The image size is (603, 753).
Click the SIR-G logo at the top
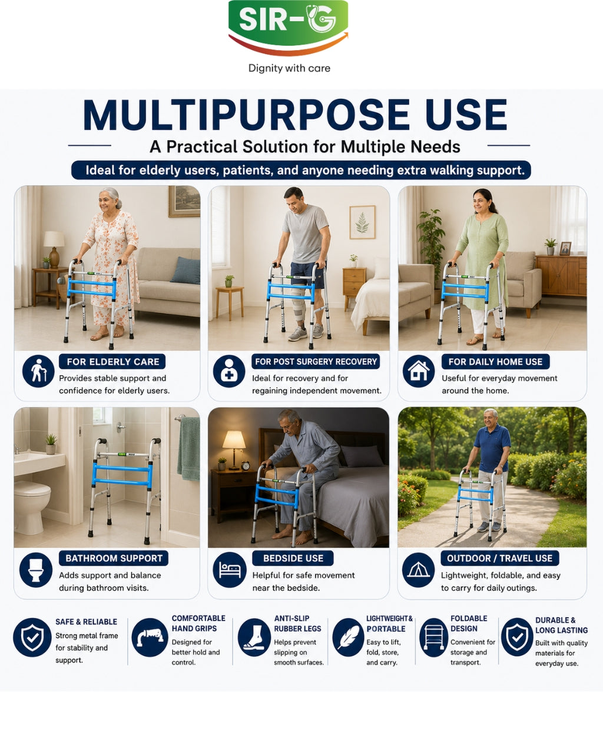tap(289, 27)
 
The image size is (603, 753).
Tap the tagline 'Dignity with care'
tap(289, 68)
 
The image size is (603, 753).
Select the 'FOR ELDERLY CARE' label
tap(113, 361)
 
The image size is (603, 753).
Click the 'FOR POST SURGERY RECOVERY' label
tap(316, 361)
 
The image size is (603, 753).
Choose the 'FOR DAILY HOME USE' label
tap(495, 361)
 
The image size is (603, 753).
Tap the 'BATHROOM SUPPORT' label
tap(114, 558)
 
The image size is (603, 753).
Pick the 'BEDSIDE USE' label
tap(293, 558)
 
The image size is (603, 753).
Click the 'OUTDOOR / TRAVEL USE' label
tap(499, 558)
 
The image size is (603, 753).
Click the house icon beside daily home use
tap(419, 371)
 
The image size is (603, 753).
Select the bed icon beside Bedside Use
tap(230, 569)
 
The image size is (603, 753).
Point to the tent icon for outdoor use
tap(418, 569)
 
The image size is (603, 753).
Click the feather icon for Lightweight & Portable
tap(348, 637)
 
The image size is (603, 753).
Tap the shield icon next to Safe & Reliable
tap(32, 637)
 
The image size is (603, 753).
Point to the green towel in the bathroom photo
tap(188, 448)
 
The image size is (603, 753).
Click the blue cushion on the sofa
tap(185, 270)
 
